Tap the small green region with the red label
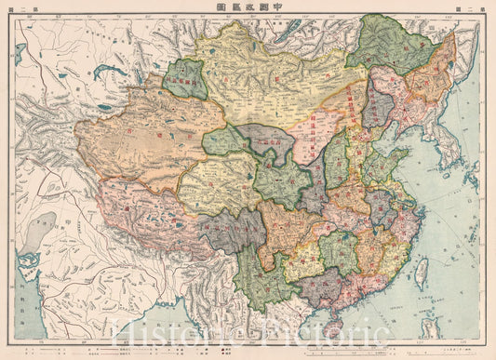(184, 79)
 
